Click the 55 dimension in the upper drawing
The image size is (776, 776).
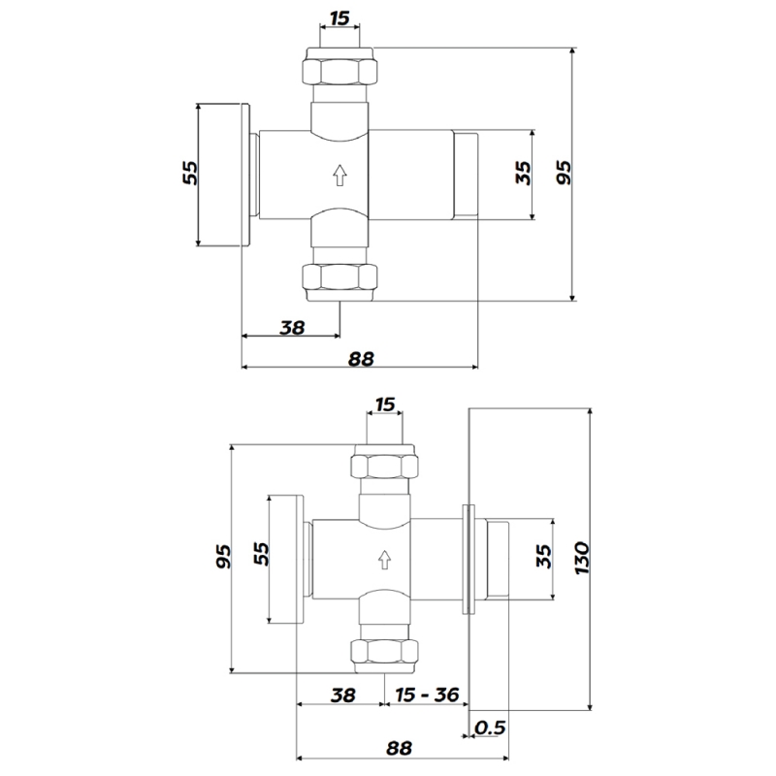tap(190, 173)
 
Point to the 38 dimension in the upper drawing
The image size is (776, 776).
tap(292, 327)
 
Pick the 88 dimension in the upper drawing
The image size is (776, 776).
tap(361, 358)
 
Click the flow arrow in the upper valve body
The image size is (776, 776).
tap(339, 176)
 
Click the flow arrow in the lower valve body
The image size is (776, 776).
tap(384, 559)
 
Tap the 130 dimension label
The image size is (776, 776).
tap(582, 560)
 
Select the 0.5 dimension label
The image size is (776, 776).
tap(490, 727)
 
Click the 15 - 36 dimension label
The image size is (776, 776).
tap(427, 695)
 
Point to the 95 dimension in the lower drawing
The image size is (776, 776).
tap(223, 558)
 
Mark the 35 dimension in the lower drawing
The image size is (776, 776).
tap(543, 558)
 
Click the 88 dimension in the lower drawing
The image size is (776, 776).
tap(400, 749)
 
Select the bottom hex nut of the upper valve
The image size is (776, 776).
tap(339, 278)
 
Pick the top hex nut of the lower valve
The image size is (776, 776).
tap(384, 465)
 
